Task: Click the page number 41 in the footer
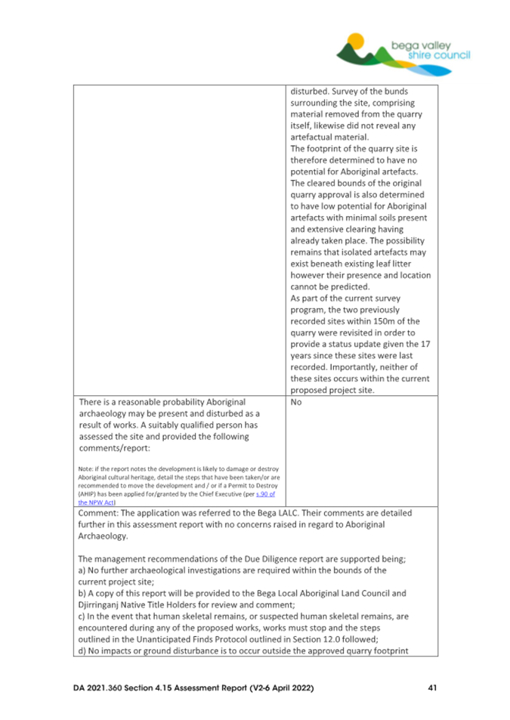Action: click(430, 688)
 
